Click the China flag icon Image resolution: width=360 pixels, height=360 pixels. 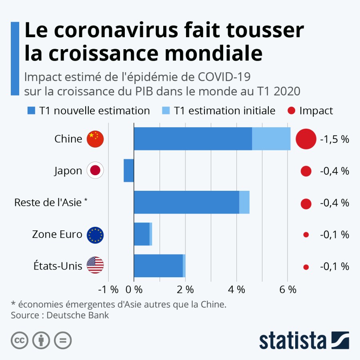(x=95, y=139)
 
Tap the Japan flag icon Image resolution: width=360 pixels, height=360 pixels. (x=95, y=171)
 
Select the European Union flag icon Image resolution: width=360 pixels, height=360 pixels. (x=95, y=235)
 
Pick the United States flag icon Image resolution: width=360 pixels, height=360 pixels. (x=95, y=265)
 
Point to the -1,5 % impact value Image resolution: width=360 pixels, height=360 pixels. (x=335, y=139)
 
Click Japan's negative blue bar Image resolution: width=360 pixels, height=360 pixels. (x=128, y=170)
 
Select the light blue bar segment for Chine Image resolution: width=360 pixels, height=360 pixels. (x=271, y=139)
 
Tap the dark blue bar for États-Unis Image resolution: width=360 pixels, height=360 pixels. (x=158, y=266)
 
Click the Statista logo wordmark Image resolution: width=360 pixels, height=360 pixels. (x=293, y=341)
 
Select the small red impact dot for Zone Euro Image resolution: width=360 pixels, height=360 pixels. (x=306, y=235)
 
